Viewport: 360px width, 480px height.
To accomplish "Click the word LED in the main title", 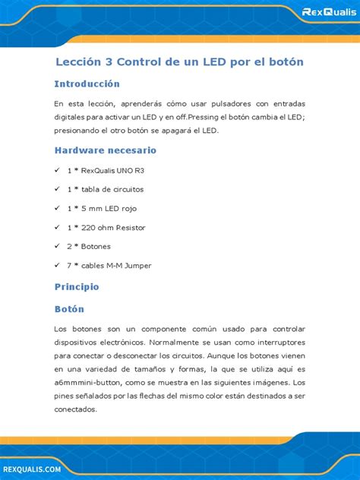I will click(x=204, y=60).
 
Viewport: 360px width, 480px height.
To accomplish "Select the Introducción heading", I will click(x=87, y=84).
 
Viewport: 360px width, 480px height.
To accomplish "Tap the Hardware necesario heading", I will click(x=105, y=150).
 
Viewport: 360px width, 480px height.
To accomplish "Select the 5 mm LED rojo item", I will click(x=103, y=208).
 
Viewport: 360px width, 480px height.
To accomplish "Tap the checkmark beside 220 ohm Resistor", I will click(x=57, y=227).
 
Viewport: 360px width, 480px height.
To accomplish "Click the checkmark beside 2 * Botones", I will click(x=57, y=246).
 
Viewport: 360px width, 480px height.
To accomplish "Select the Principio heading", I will click(x=77, y=287).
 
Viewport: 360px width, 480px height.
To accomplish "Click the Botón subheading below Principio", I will click(x=69, y=309).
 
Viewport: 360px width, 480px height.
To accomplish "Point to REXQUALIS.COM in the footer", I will click(x=30, y=471).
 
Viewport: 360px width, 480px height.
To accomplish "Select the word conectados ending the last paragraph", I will click(x=75, y=409).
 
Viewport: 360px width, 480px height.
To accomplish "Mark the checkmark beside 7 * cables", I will click(x=57, y=265).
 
